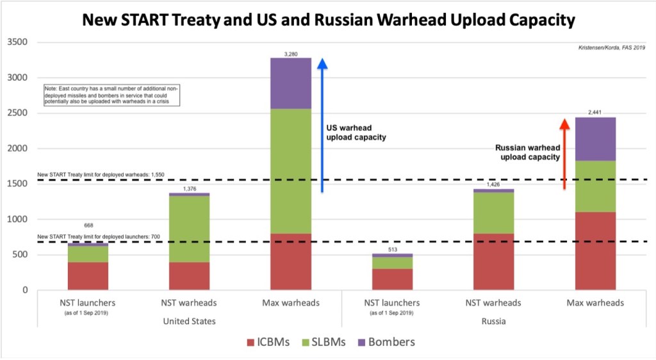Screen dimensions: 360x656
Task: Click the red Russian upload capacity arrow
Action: pos(564,154)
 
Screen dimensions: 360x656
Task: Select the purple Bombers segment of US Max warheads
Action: pos(290,83)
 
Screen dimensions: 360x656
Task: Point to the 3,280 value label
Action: pos(290,53)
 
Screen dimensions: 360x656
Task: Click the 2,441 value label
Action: pos(595,113)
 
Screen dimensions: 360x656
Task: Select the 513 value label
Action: pos(392,249)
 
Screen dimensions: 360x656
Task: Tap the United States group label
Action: pos(189,321)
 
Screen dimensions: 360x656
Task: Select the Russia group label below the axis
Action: pos(493,321)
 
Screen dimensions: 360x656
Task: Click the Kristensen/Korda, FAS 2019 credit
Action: pos(611,47)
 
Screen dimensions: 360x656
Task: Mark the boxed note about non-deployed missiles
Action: pos(111,95)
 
